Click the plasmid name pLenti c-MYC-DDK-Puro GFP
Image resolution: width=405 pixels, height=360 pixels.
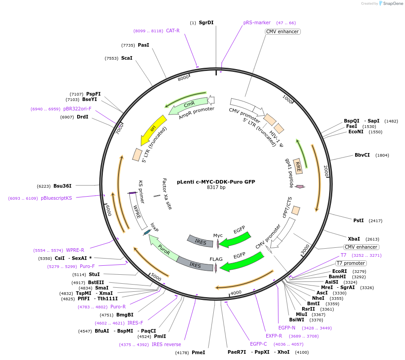[216, 182]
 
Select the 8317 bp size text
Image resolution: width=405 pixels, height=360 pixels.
[216, 188]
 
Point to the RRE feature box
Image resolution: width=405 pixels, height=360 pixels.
[298, 166]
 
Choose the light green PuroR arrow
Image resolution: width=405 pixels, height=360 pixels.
[163, 250]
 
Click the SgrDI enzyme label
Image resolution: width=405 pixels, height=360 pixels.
[206, 22]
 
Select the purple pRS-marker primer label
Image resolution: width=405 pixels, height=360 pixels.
[257, 22]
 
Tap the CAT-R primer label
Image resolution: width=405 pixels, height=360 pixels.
[173, 31]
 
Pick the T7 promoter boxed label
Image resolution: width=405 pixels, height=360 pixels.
[351, 263]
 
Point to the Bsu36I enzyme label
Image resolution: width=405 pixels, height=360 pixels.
[62, 186]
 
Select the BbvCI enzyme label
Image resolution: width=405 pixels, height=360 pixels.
[362, 155]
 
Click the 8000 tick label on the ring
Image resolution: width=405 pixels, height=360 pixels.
[184, 78]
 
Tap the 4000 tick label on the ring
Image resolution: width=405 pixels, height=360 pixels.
[236, 293]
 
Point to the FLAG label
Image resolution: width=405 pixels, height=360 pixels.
[216, 259]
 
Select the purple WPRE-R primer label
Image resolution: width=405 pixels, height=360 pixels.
[75, 250]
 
